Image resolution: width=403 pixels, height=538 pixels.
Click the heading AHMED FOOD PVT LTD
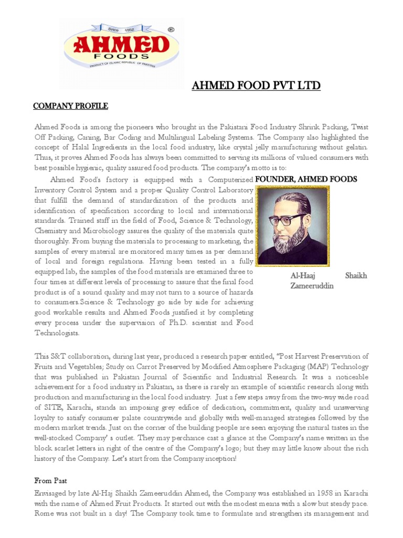tap(256, 86)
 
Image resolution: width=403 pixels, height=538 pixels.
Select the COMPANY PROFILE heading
tap(70, 106)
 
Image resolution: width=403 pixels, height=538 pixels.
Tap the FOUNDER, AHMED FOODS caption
tap(306, 180)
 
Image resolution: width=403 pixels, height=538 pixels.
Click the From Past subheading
tap(51, 481)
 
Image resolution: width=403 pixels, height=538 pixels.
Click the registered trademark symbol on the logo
tap(171, 30)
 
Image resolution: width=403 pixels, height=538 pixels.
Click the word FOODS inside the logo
tap(120, 55)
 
